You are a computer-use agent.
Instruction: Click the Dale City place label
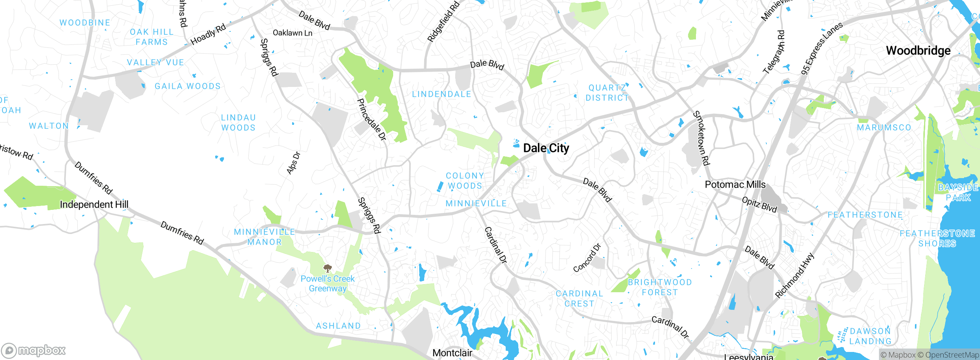click(546, 148)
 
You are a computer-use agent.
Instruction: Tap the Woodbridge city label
click(918, 51)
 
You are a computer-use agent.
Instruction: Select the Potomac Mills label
click(735, 185)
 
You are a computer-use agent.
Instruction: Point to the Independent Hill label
click(94, 205)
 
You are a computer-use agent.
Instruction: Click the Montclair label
click(452, 353)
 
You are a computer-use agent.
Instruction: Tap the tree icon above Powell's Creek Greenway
click(327, 268)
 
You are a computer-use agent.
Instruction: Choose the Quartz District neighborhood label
click(607, 93)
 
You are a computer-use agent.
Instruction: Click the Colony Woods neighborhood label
click(465, 181)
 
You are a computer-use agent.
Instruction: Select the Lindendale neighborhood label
click(441, 94)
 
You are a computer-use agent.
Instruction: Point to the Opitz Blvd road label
click(759, 205)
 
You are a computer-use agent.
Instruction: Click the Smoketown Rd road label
click(701, 138)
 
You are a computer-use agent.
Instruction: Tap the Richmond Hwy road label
click(794, 275)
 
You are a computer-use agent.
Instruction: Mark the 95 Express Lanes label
click(822, 48)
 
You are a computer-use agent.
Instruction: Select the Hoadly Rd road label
click(208, 34)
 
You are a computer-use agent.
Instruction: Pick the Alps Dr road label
click(294, 163)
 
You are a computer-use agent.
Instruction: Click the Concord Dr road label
click(587, 258)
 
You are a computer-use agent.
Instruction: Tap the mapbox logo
click(34, 350)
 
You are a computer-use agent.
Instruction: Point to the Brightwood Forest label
click(660, 287)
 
